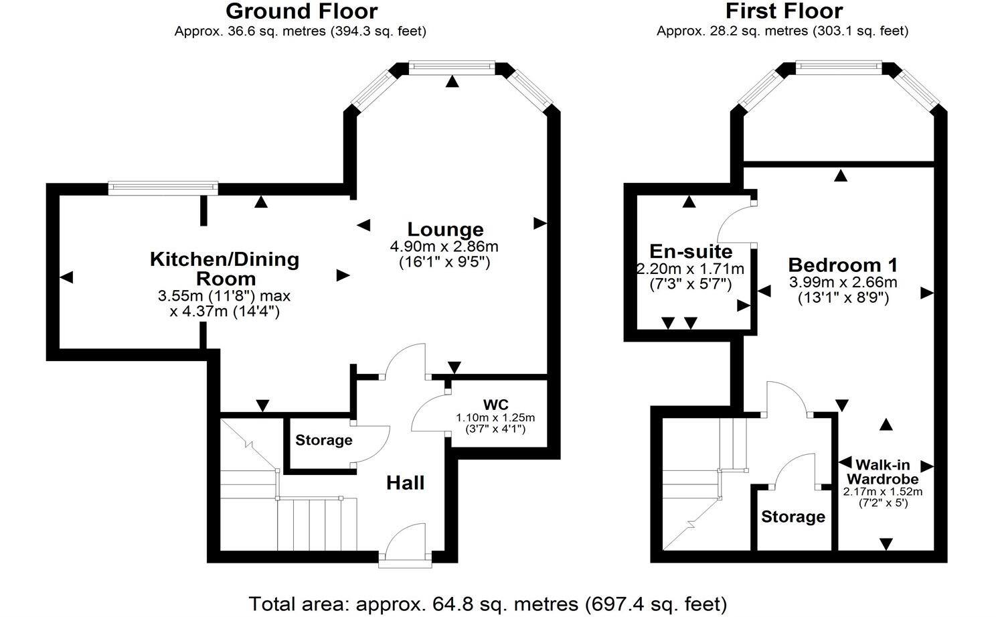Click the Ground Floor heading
click(x=301, y=11)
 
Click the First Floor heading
click(x=784, y=11)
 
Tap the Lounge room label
click(x=445, y=230)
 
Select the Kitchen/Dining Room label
click(x=224, y=269)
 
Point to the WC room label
click(x=496, y=405)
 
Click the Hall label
click(x=405, y=483)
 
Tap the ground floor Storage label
click(x=324, y=440)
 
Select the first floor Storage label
click(x=793, y=517)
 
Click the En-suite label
click(x=691, y=252)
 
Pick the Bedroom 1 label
click(x=843, y=265)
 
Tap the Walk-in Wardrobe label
click(x=882, y=472)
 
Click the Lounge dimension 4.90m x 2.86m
click(x=444, y=247)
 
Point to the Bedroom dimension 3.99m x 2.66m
click(x=843, y=282)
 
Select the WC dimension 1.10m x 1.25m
click(x=495, y=417)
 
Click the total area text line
click(x=487, y=604)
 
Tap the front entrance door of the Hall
click(x=406, y=544)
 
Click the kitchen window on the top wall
click(x=163, y=188)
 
